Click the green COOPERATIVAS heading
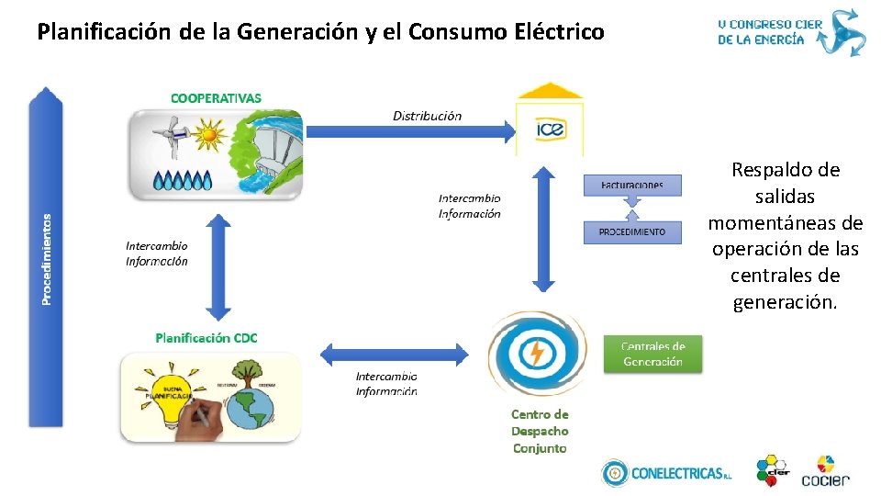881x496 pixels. (x=216, y=97)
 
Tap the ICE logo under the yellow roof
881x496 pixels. (x=551, y=130)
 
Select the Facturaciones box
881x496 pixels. (x=632, y=185)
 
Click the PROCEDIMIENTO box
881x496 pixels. (x=632, y=231)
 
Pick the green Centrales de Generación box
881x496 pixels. (x=652, y=354)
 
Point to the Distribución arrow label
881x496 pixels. (x=427, y=116)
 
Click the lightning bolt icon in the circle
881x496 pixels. (x=536, y=354)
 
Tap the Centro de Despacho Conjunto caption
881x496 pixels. (x=540, y=431)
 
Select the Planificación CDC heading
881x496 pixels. (x=206, y=337)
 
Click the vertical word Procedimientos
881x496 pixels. (x=47, y=259)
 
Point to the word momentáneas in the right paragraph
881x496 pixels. (x=786, y=222)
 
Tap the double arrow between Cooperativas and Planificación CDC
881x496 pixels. (x=218, y=266)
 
